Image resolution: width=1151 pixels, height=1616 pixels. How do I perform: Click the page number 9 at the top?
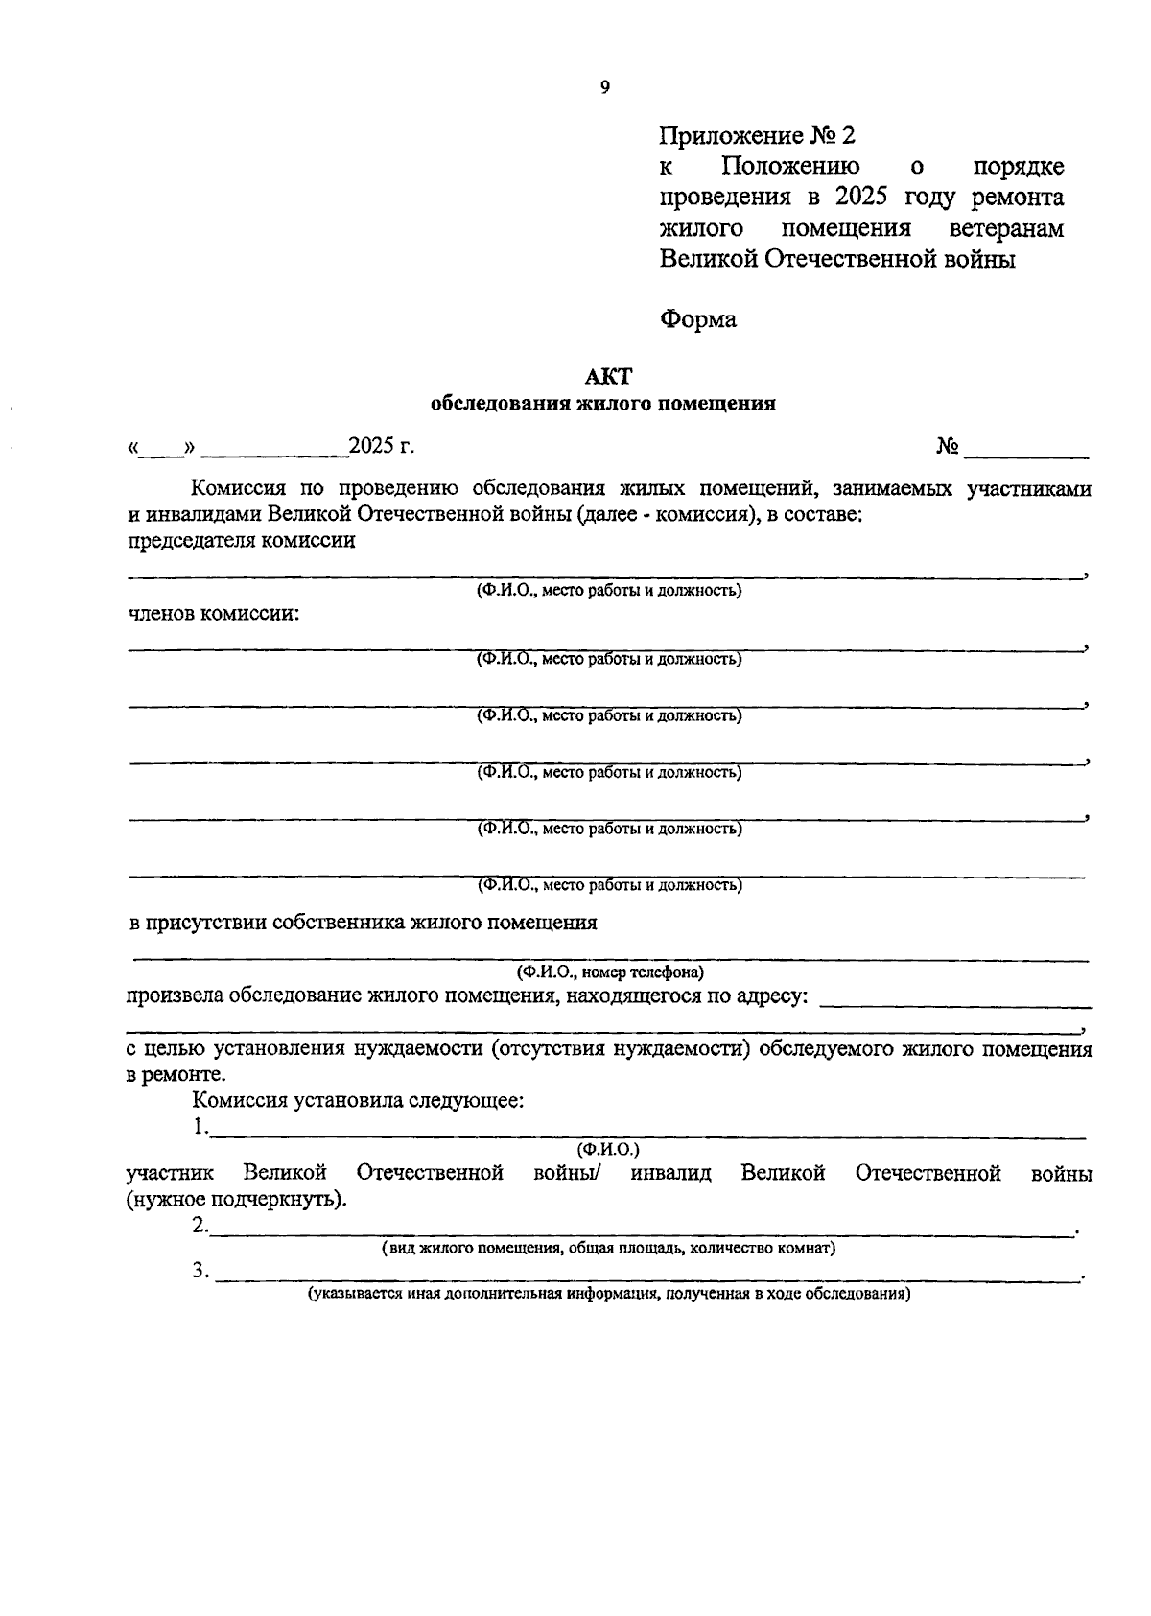(604, 87)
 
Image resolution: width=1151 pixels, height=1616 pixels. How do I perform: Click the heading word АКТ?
(602, 378)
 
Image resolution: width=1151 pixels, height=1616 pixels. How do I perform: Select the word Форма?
(698, 319)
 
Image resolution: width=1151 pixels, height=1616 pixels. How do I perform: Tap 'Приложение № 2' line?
(757, 135)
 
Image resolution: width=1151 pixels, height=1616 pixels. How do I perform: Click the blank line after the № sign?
(1026, 451)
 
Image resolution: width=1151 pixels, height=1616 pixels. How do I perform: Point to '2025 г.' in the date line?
(382, 446)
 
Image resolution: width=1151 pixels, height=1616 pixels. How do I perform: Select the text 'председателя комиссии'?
(242, 540)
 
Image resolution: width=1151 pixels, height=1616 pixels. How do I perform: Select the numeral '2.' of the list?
(200, 1225)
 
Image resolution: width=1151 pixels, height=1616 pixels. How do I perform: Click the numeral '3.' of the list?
(200, 1271)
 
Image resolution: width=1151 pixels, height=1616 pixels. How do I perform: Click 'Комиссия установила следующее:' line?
(358, 1101)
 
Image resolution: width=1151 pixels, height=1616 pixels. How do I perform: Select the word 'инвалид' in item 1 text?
(670, 1173)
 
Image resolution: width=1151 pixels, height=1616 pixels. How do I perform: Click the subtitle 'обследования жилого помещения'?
(602, 404)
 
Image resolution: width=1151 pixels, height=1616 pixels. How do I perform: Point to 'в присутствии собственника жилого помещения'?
(363, 923)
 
